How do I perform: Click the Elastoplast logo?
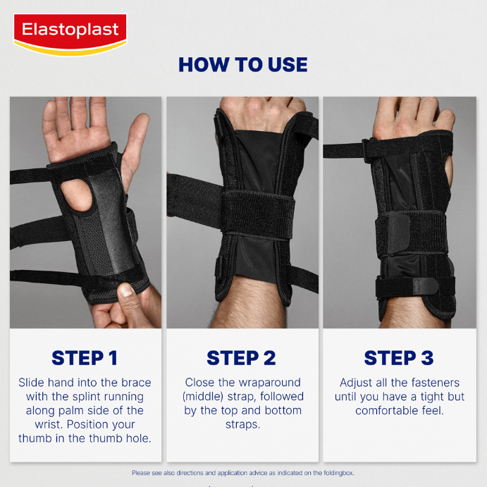[x=70, y=34]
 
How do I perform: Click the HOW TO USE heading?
[x=243, y=65]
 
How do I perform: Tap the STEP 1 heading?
[x=85, y=358]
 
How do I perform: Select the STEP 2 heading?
[x=241, y=358]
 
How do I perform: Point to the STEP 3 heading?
[x=399, y=358]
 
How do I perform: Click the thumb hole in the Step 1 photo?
[x=76, y=195]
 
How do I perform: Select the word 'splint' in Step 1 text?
[x=83, y=397]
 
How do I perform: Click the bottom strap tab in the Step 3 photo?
[x=425, y=285]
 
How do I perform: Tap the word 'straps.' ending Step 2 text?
[x=243, y=424]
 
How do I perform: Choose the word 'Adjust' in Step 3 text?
[x=356, y=383]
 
